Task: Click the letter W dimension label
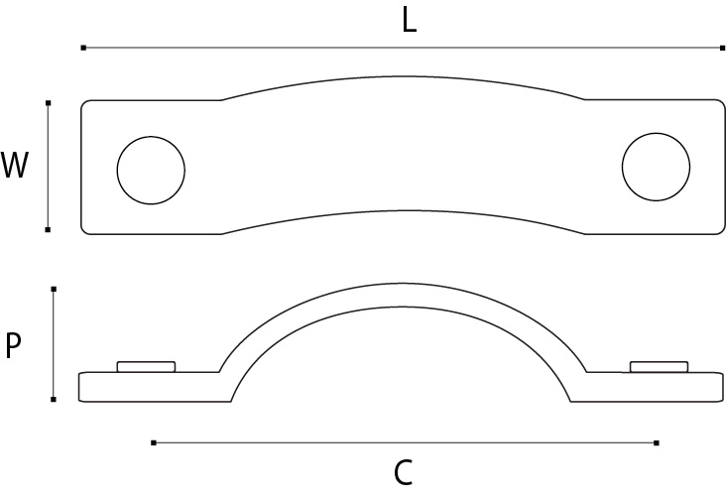pos(14,166)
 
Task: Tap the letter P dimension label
pos(14,346)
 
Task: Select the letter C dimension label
pos(403,473)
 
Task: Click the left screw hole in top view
pos(151,169)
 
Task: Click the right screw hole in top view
pos(656,166)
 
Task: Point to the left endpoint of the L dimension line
pos(83,48)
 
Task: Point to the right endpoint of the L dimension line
pos(722,48)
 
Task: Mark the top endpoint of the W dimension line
pos(48,101)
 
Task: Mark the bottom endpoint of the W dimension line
pos(48,230)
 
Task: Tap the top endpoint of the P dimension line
pos(54,289)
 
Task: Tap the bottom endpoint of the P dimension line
pos(54,399)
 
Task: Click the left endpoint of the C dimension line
pos(153,442)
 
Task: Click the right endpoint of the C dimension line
pos(657,442)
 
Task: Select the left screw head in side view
pos(147,367)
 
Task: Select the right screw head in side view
pos(660,367)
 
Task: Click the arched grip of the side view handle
pos(402,297)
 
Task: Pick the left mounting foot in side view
pos(149,386)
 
